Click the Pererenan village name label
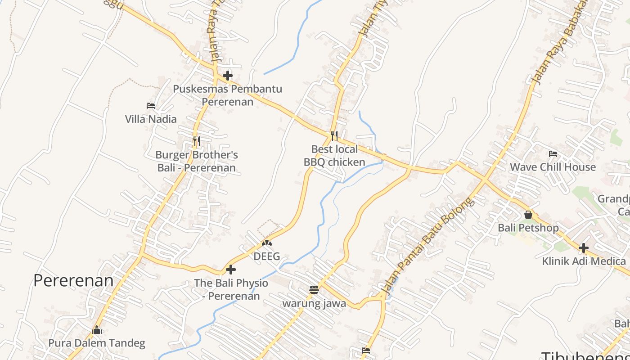pos(73,280)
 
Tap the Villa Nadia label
pos(151,119)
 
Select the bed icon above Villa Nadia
pos(151,106)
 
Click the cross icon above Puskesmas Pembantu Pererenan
pos(228,75)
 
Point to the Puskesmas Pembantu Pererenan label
pos(227,95)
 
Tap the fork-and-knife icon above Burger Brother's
pos(196,141)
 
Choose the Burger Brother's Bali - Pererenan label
pos(197,161)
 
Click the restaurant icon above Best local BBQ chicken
pos(334,135)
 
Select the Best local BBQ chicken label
pos(334,156)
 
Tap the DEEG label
pos(267,256)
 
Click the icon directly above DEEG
pos(267,243)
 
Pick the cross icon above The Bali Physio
pos(231,270)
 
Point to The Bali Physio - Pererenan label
pos(231,289)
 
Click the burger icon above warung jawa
pos(314,290)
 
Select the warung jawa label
pos(314,303)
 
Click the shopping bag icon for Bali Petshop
pos(528,215)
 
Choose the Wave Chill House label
pos(553,167)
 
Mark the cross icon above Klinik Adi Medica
pos(584,247)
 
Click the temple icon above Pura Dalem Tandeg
pos(97,330)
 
